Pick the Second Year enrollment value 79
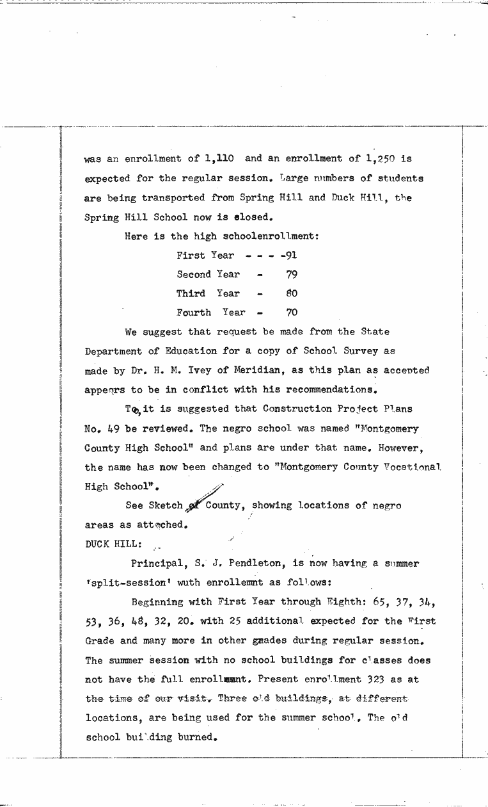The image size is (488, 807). pyautogui.click(x=292, y=274)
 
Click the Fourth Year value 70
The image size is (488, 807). pyautogui.click(x=292, y=313)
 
